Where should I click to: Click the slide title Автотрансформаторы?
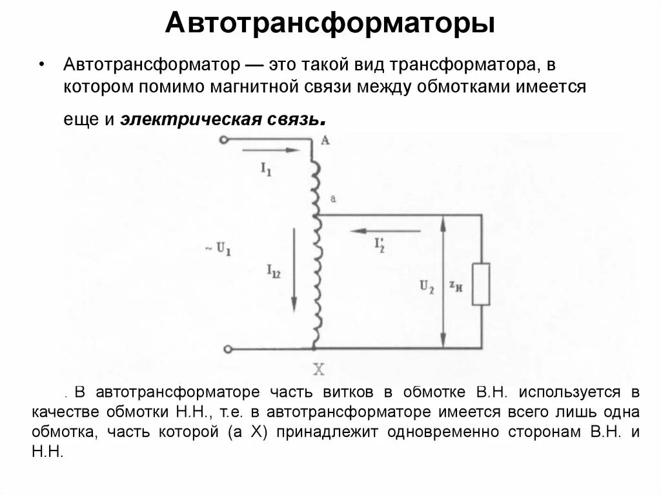[x=330, y=24]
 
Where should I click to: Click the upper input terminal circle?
[x=224, y=140]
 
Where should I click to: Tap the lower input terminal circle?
[x=227, y=350]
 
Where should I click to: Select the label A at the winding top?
[x=325, y=139]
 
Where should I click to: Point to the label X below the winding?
[x=318, y=370]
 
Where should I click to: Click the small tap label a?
[x=332, y=198]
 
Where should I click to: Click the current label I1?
[x=266, y=169]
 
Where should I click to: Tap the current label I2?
[x=380, y=243]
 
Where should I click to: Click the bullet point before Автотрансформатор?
[x=42, y=65]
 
